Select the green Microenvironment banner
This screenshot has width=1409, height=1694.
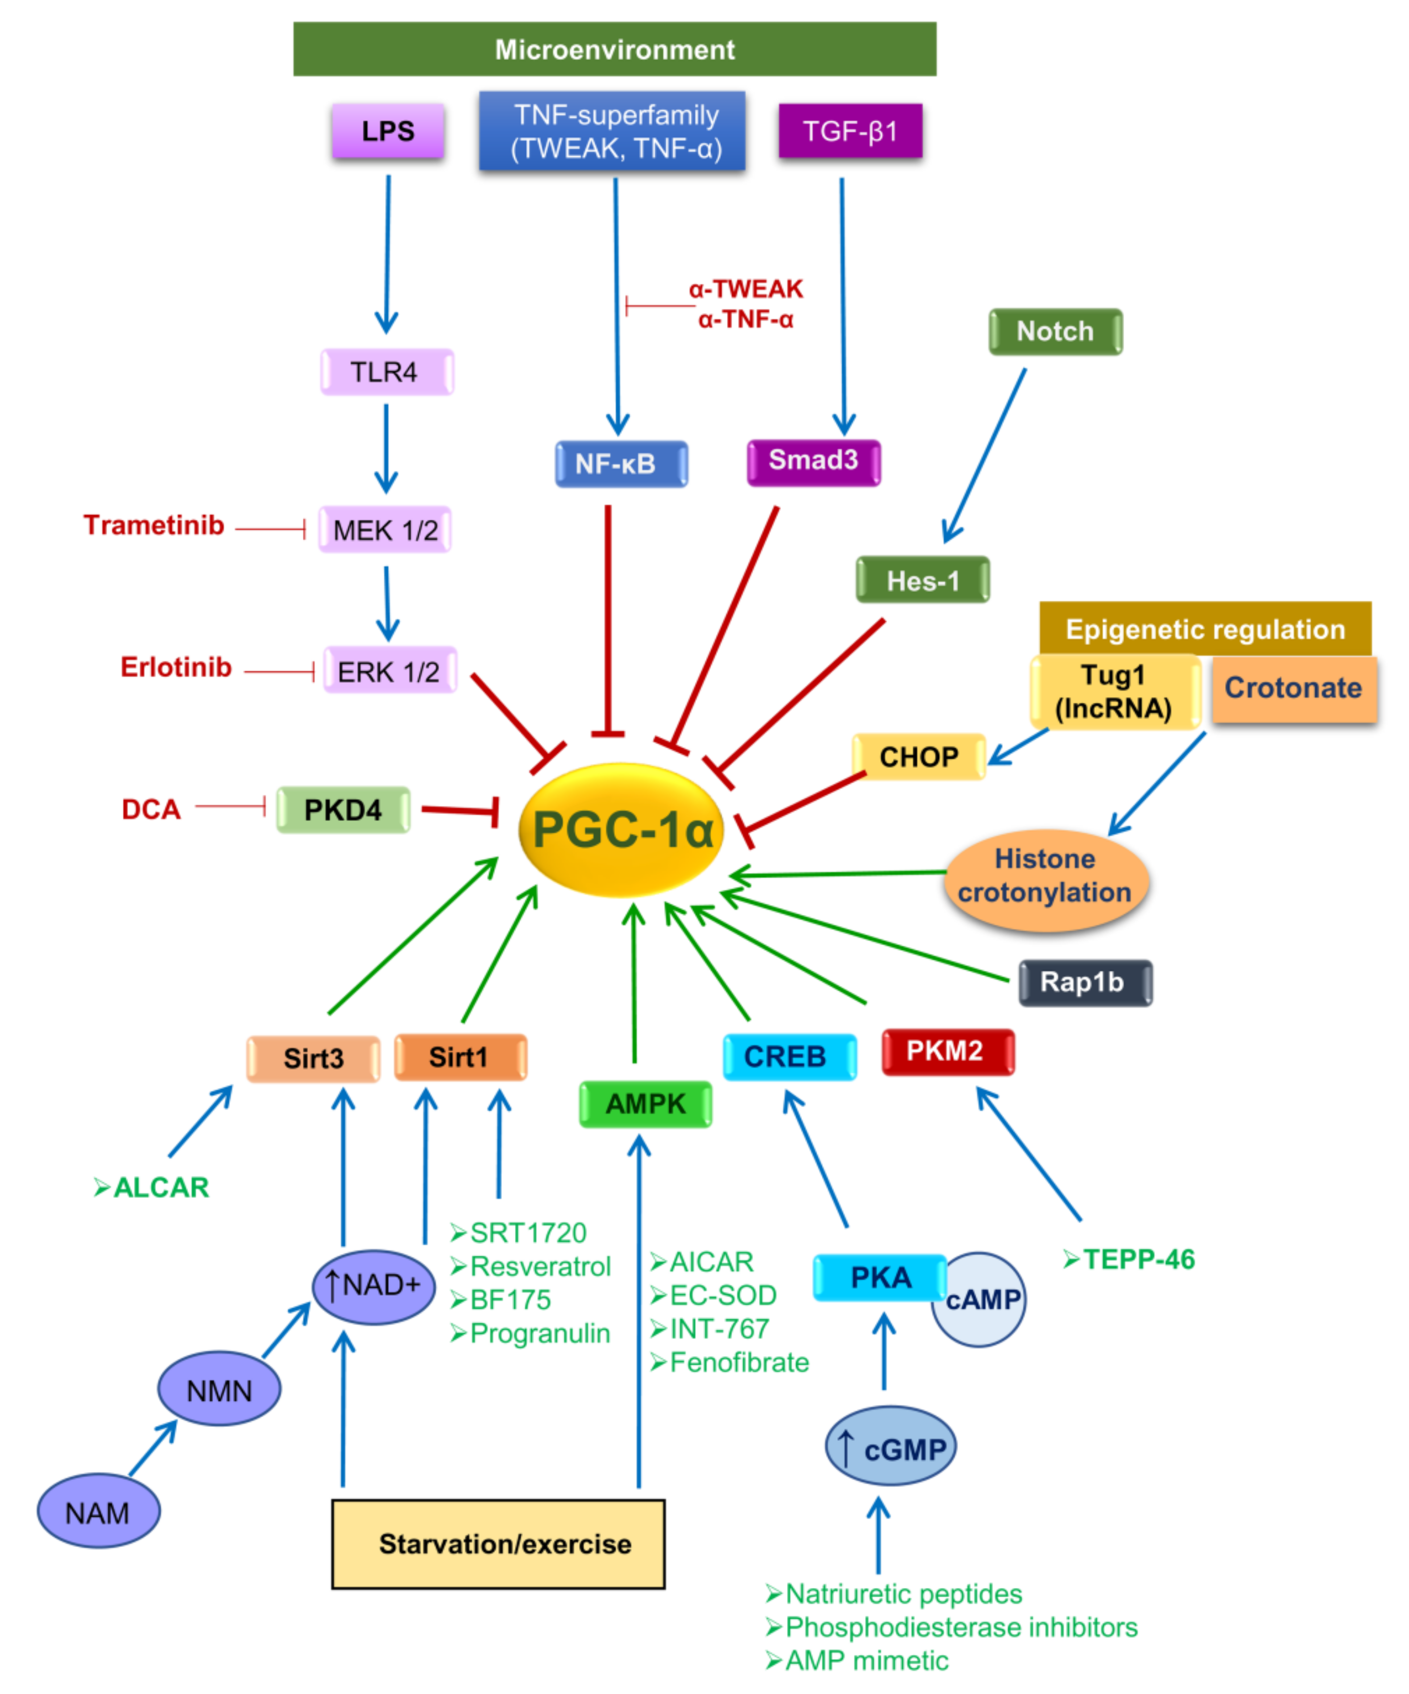614,49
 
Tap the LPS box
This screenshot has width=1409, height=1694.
387,131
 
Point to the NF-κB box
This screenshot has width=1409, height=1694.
620,464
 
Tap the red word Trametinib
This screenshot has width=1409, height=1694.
153,525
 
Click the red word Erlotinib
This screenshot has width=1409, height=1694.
176,667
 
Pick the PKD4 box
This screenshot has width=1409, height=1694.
343,809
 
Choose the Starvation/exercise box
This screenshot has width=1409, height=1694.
498,1543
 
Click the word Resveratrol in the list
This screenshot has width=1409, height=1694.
539,1267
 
